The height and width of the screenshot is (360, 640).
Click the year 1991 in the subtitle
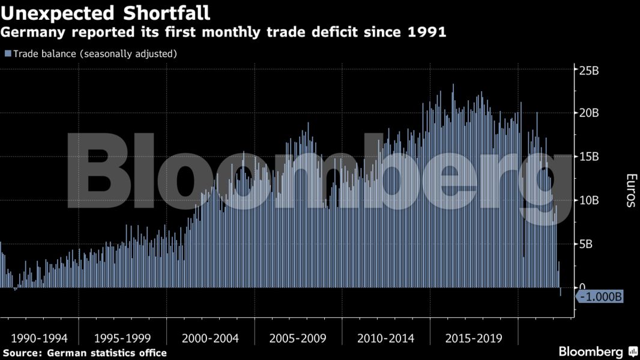(x=427, y=32)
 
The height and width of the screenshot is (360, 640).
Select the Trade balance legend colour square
(x=8, y=53)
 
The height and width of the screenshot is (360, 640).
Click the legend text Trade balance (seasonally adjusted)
(x=95, y=53)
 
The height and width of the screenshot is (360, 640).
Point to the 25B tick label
(x=588, y=70)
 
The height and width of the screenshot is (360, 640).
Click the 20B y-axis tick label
(x=588, y=113)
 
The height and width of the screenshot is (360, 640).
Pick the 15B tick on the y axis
(x=588, y=157)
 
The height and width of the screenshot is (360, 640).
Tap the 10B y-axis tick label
(x=588, y=200)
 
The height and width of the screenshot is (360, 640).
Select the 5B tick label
(x=586, y=244)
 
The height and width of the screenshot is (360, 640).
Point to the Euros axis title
(x=630, y=190)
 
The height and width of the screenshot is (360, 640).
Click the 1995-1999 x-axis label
(x=122, y=338)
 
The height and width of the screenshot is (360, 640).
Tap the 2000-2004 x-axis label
(x=210, y=338)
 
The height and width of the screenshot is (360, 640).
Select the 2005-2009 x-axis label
(x=298, y=338)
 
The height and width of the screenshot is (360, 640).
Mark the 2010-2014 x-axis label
(x=385, y=338)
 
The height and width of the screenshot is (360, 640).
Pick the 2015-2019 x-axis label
(x=474, y=338)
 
